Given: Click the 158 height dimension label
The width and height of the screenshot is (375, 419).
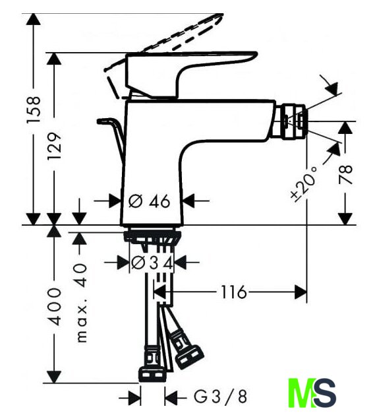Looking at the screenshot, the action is click(34, 106).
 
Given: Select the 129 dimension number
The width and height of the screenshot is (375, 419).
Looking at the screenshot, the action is click(54, 146).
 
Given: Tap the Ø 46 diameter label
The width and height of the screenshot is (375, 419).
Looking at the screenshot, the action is click(149, 201).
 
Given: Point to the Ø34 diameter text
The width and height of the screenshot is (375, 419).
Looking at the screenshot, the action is click(152, 263).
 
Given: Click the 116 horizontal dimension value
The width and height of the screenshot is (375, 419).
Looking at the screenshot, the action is click(233, 292).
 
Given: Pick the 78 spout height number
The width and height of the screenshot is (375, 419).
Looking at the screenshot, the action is click(345, 175).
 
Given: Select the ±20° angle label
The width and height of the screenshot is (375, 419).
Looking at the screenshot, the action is click(304, 183).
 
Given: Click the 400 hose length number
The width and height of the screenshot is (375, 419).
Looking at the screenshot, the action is click(55, 306).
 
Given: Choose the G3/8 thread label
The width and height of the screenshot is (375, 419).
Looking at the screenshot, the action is click(220, 397).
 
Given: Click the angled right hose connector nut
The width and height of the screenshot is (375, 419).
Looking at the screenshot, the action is click(189, 358).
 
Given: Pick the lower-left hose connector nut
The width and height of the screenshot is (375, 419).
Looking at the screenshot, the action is click(152, 374).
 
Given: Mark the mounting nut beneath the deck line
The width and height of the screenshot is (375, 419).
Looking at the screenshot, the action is click(153, 236).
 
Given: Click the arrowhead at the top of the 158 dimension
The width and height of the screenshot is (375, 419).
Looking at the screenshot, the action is click(34, 19).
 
